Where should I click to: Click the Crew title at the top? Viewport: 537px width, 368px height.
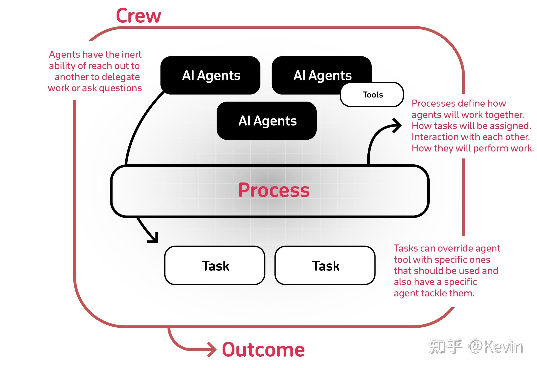coord(138,16)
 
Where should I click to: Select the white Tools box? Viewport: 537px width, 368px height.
coord(372,95)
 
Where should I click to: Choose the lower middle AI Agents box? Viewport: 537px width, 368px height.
coord(267,121)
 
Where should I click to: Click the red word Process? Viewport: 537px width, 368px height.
coord(274,190)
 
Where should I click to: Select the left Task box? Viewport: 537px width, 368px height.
coord(215,266)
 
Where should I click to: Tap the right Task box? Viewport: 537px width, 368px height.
coord(325,266)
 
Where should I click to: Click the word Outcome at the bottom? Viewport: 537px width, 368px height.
coord(263,350)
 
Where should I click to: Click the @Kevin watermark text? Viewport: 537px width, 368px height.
coord(496,347)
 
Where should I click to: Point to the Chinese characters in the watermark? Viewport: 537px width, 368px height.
coord(445,347)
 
